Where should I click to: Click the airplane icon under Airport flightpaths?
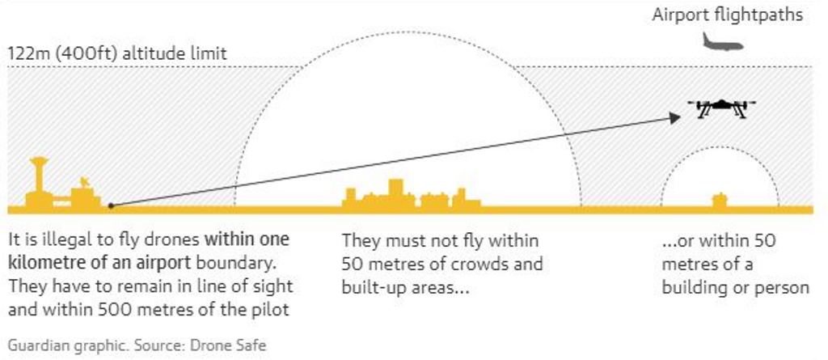coord(721,43)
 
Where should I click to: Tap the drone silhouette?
coord(721,108)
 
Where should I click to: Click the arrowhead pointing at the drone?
coord(674,118)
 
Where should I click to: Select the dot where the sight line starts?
coord(111,205)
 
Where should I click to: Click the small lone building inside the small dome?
coord(719,200)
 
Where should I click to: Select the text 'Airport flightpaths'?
coord(728,15)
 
